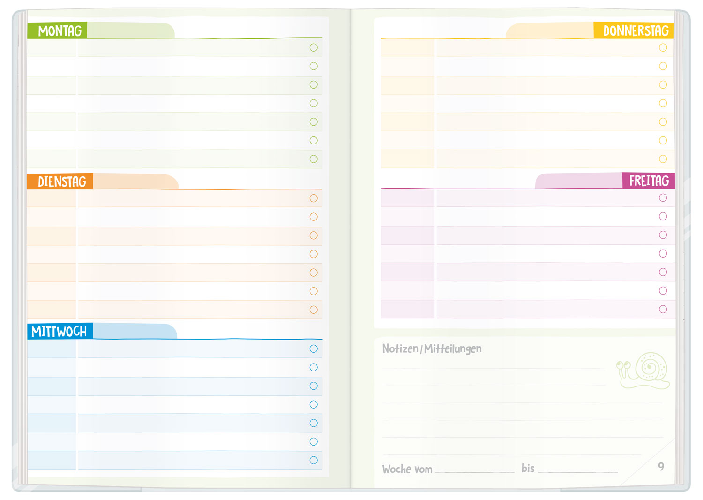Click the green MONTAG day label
click(60, 31)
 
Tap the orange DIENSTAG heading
click(62, 182)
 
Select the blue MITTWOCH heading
click(59, 332)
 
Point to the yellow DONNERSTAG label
click(636, 31)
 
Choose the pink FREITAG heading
click(649, 181)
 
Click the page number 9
click(661, 467)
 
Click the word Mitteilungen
click(453, 349)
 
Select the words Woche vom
click(407, 469)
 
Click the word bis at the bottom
click(528, 468)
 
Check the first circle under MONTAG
click(314, 47)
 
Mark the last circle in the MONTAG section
click(314, 159)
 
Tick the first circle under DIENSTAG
click(314, 198)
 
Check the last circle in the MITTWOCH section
click(314, 460)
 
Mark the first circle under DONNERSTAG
click(663, 47)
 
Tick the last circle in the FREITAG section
click(663, 309)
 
